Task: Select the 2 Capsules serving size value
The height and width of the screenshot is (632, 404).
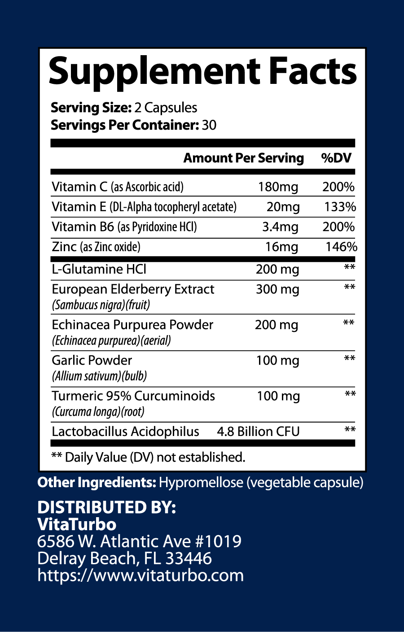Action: pyautogui.click(x=166, y=108)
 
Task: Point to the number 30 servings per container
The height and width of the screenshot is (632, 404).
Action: pyautogui.click(x=209, y=125)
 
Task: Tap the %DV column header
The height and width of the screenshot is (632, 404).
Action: pyautogui.click(x=336, y=158)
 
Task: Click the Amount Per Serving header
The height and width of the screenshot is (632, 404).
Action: pyautogui.click(x=243, y=158)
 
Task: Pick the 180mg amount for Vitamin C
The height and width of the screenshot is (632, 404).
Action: pyautogui.click(x=278, y=187)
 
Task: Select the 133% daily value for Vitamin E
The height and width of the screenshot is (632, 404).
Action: pyautogui.click(x=340, y=207)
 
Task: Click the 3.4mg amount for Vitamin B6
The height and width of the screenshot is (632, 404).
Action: pyautogui.click(x=280, y=227)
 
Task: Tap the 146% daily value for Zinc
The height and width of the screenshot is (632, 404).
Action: pyautogui.click(x=341, y=247)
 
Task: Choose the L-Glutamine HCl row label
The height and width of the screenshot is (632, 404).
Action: pyautogui.click(x=99, y=269)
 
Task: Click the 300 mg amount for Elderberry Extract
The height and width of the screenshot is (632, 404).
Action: pyautogui.click(x=277, y=289)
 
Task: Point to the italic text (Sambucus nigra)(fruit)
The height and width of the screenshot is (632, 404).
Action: pyautogui.click(x=101, y=305)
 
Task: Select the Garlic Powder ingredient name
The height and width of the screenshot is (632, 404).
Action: pyautogui.click(x=92, y=360)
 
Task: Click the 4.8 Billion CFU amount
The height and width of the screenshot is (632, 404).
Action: pyautogui.click(x=258, y=432)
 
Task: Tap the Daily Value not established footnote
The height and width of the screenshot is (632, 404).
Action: pyautogui.click(x=148, y=457)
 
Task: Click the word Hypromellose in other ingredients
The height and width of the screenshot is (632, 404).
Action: pyautogui.click(x=201, y=483)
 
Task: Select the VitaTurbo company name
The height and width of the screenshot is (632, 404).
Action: pyautogui.click(x=77, y=524)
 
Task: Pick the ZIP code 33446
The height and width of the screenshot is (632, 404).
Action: pyautogui.click(x=189, y=558)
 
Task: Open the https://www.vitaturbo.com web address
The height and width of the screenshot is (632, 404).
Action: pyautogui.click(x=141, y=575)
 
